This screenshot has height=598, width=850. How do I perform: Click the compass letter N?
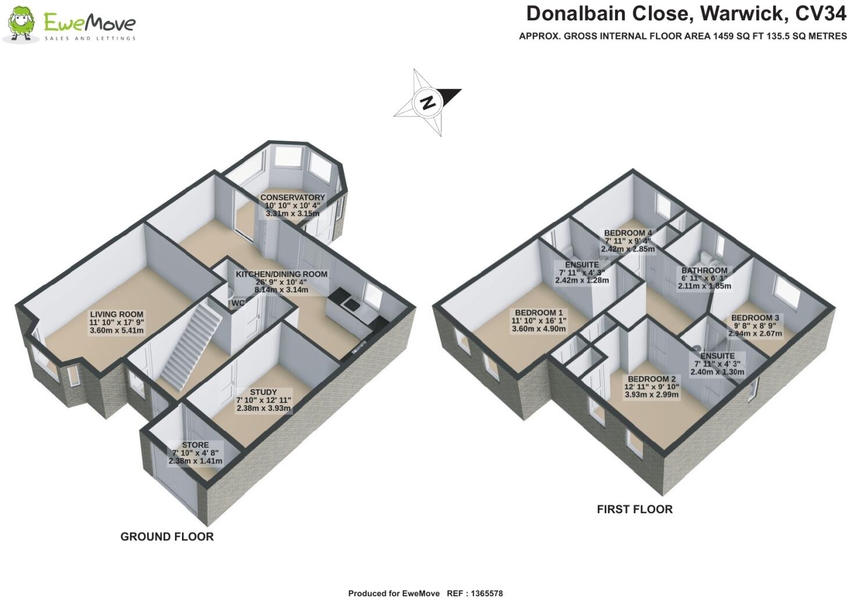pos(428,102)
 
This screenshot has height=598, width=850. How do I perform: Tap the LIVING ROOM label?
pos(116,314)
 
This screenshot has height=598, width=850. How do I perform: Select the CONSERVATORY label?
pos(292,198)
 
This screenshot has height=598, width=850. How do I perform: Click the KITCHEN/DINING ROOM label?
pos(281,274)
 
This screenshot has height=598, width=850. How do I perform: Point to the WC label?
pos(238,303)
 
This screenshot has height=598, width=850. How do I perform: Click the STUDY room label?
pos(263,392)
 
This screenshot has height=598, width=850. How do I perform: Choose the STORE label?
pos(195,445)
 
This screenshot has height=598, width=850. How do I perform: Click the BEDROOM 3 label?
pos(755,318)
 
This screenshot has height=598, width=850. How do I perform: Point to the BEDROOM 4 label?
pos(628,233)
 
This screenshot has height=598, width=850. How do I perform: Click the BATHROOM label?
pos(704,270)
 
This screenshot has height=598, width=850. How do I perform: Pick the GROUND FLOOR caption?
pos(167,537)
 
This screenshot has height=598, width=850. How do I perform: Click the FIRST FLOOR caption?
pos(634,510)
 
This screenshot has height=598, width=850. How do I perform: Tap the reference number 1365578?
pos(484,593)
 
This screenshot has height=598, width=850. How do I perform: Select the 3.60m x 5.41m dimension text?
pos(116,331)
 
